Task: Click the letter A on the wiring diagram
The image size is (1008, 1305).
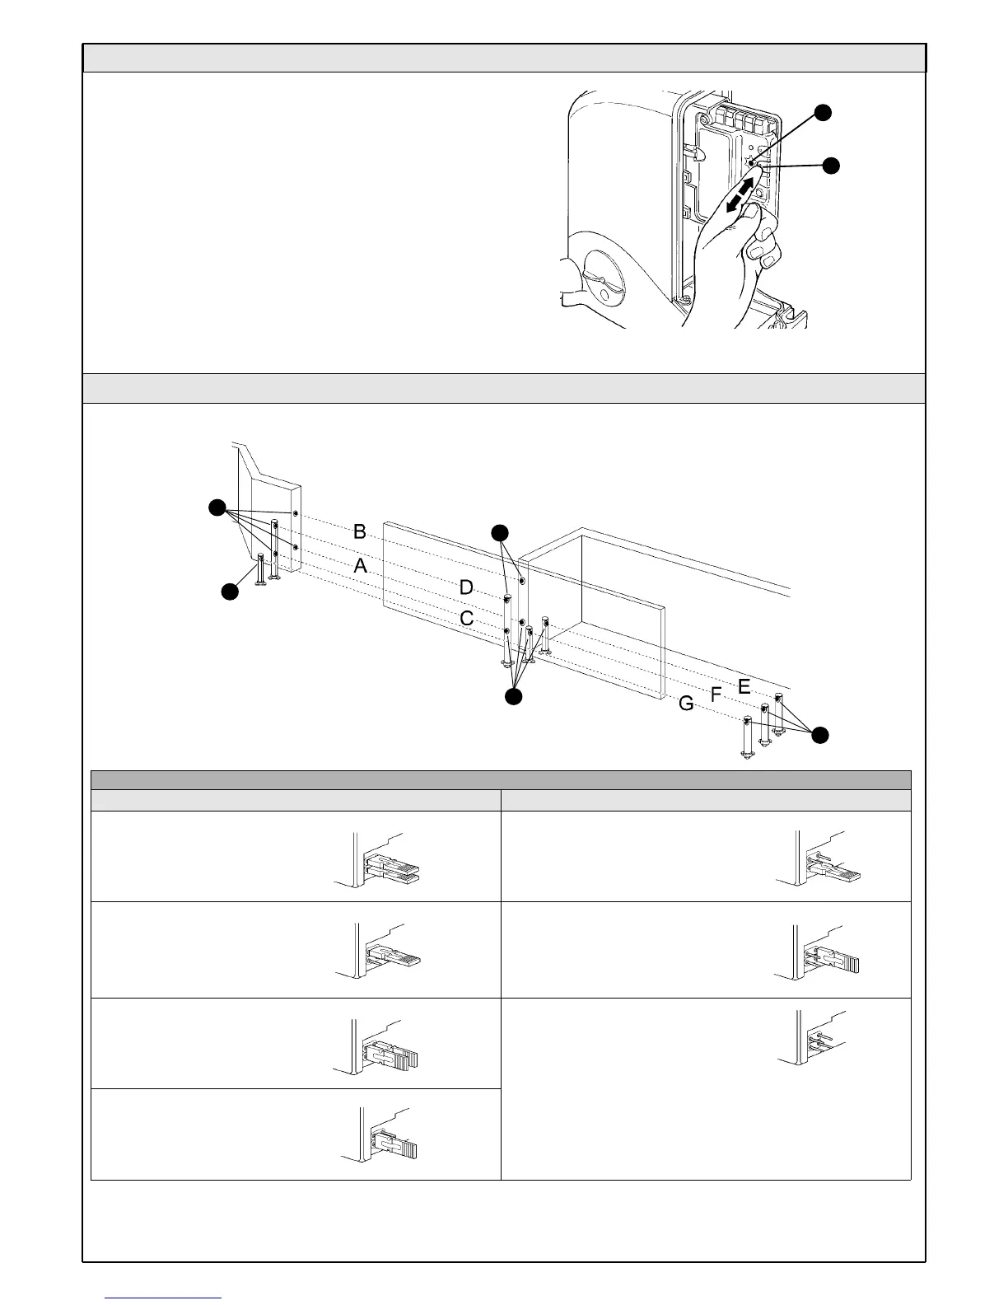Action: tap(360, 567)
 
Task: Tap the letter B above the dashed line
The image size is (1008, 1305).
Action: tap(360, 531)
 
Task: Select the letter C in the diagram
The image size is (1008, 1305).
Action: tap(466, 618)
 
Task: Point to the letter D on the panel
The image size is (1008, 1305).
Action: tap(466, 587)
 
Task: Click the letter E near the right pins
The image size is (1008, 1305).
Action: tap(744, 685)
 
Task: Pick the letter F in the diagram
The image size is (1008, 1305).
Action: tap(716, 695)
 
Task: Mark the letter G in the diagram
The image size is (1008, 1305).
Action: tap(686, 704)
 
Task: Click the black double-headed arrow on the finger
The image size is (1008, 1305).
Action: tap(740, 199)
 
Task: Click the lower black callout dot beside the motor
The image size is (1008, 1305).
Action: tap(831, 165)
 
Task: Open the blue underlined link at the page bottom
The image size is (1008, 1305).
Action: tap(164, 1298)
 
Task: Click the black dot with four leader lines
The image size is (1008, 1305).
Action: tap(217, 507)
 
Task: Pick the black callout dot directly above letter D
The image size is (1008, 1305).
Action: tap(500, 532)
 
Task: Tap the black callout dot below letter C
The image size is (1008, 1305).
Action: tap(512, 697)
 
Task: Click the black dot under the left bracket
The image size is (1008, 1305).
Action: tap(231, 591)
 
